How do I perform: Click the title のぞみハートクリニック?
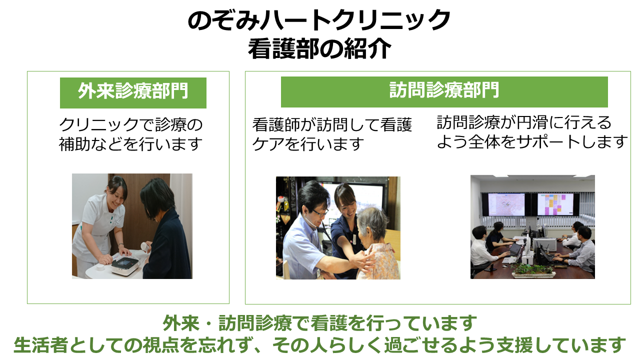tap(319, 19)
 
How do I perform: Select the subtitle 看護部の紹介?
tap(319, 49)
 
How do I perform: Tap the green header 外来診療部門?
tap(133, 92)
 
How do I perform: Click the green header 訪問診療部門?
tap(444, 91)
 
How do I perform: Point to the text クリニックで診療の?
tap(131, 124)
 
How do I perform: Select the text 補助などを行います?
tap(131, 143)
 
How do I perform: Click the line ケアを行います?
tap(308, 143)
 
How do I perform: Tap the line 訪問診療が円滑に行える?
tap(524, 122)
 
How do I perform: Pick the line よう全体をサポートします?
tap(532, 141)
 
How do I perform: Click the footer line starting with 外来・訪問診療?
tap(319, 323)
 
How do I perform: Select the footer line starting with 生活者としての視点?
tap(319, 345)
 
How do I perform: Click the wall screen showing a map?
tap(506, 204)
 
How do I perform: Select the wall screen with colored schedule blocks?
tap(555, 204)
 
